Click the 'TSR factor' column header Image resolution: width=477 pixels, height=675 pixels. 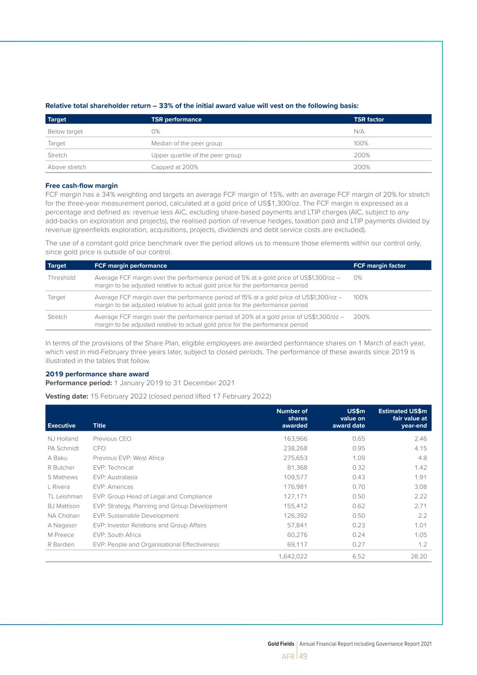tap(369, 119)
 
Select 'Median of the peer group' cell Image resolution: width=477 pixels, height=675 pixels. tap(186, 143)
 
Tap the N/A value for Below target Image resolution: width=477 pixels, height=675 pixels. tap(359, 132)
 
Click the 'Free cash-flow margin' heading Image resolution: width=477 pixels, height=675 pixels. tap(82, 186)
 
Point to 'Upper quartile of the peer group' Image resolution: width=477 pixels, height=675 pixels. tap(196, 155)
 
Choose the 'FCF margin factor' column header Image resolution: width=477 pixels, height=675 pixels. tap(380, 266)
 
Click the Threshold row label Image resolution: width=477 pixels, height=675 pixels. tap(61, 278)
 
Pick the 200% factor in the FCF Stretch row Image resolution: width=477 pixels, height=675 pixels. tap(362, 317)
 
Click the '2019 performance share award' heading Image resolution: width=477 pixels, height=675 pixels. tap(97, 374)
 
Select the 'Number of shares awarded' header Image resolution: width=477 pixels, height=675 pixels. tap(292, 418)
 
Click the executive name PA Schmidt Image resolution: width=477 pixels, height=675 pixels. tap(63, 449)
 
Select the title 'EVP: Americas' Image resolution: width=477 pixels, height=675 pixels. tap(113, 487)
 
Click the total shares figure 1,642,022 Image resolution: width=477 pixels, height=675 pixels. tap(293, 556)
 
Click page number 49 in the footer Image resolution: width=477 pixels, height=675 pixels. tap(303, 657)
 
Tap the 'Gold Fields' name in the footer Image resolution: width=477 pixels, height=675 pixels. tap(281, 644)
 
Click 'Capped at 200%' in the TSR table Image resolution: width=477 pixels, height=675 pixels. tap(174, 167)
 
